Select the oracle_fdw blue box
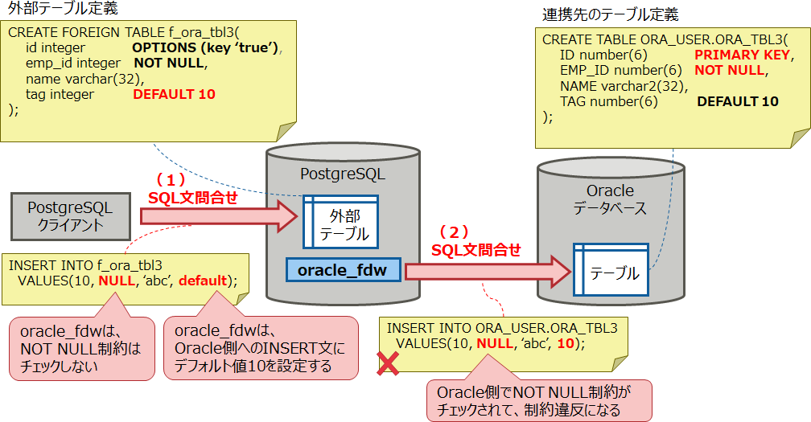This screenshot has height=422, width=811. (x=343, y=270)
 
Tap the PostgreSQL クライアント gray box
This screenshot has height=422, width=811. (x=70, y=216)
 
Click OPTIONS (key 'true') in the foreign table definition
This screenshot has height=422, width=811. (x=208, y=48)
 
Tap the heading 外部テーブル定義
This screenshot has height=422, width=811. (x=58, y=10)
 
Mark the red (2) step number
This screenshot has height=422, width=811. (x=458, y=232)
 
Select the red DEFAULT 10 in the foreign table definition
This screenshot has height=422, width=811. (x=174, y=94)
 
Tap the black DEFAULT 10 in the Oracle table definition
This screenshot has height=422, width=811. (x=737, y=101)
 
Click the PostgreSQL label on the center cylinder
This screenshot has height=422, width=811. (x=342, y=174)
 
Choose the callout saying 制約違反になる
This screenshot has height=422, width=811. (x=538, y=400)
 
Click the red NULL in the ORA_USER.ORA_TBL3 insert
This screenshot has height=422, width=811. (x=493, y=342)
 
